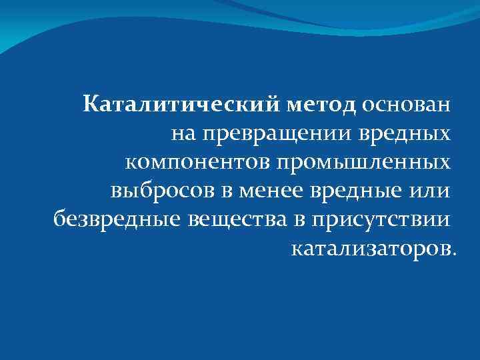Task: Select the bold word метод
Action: (x=323, y=105)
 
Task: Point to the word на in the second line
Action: (x=183, y=134)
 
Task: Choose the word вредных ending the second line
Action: (x=401, y=134)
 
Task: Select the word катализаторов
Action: (x=371, y=249)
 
